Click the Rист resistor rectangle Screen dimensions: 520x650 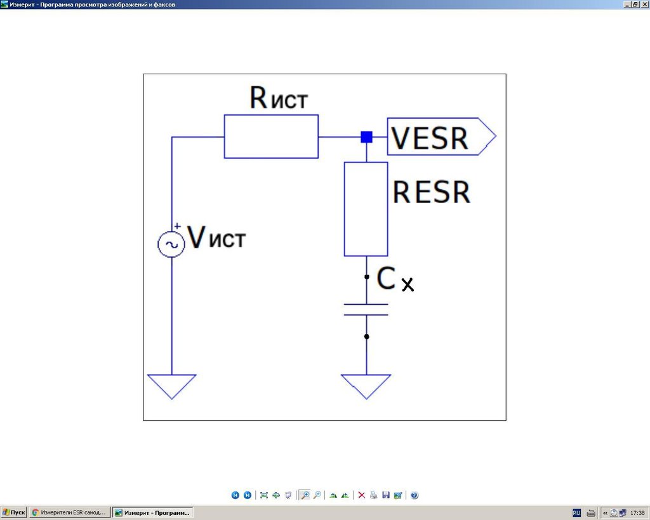pyautogui.click(x=271, y=137)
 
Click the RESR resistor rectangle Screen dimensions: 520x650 pyautogui.click(x=366, y=209)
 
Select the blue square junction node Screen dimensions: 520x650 pyautogui.click(x=366, y=137)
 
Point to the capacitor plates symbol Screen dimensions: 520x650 pyautogui.click(x=366, y=309)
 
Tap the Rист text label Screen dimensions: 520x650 pyautogui.click(x=279, y=98)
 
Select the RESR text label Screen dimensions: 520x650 pyautogui.click(x=432, y=192)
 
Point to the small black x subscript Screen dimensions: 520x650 pyautogui.click(x=408, y=284)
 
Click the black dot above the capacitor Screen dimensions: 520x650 pyautogui.click(x=367, y=277)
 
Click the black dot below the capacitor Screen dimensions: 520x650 pyautogui.click(x=367, y=337)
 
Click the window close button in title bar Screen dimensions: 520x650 pyautogui.click(x=644, y=4)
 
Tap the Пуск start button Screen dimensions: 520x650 pyautogui.click(x=14, y=512)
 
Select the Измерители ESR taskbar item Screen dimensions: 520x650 pyautogui.click(x=69, y=512)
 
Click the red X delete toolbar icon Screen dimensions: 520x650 pyautogui.click(x=362, y=495)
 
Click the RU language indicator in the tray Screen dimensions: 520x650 pyautogui.click(x=576, y=512)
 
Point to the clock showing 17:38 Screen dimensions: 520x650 pyautogui.click(x=637, y=512)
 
